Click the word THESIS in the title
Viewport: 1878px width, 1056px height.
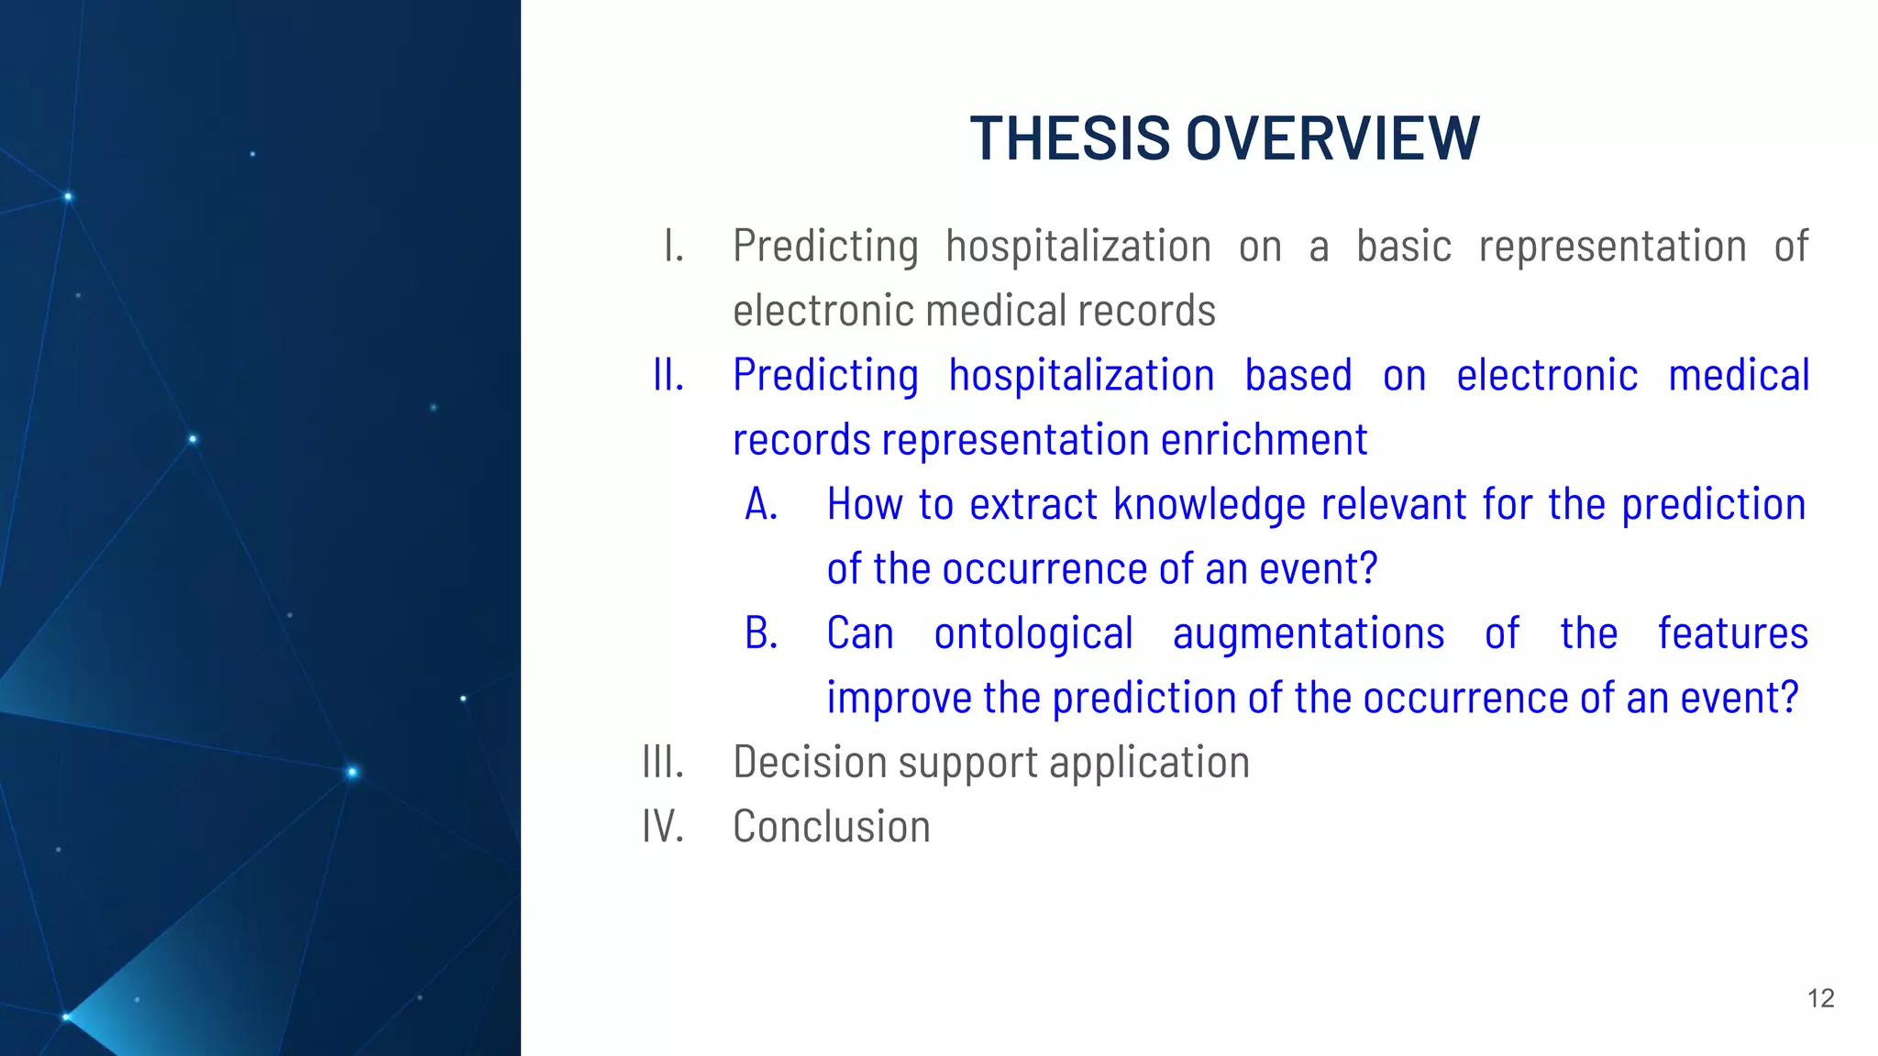point(1069,139)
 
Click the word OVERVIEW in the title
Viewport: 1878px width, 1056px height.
point(1332,139)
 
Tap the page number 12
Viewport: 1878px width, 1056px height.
point(1820,998)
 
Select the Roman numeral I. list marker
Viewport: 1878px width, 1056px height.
point(673,247)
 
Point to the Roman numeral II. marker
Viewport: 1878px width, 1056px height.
point(668,376)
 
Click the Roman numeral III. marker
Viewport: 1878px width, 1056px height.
point(663,763)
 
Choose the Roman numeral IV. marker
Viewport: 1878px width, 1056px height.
point(663,827)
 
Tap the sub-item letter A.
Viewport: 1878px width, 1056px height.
point(761,505)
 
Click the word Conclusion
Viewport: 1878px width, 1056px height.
point(832,827)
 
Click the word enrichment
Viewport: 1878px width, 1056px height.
point(1265,440)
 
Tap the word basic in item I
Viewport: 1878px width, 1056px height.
point(1404,247)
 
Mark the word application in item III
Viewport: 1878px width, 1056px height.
point(1149,763)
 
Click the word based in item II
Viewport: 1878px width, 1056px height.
point(1298,376)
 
